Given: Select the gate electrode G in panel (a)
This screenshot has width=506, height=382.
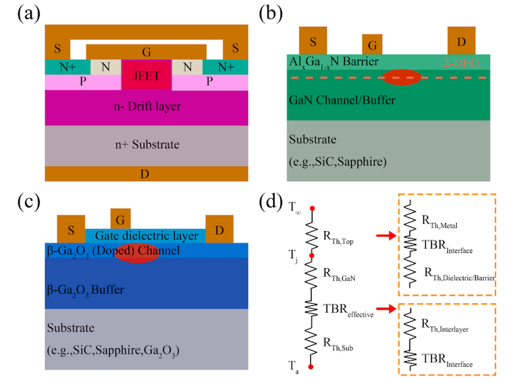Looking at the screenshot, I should click(x=146, y=51).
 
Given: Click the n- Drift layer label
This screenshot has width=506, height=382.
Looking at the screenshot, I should click(x=146, y=106).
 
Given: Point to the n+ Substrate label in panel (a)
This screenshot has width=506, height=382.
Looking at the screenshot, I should click(x=146, y=143).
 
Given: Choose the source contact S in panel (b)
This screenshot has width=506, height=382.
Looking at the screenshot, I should click(x=312, y=41).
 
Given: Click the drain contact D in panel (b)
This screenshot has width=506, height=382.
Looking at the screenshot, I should click(x=462, y=41).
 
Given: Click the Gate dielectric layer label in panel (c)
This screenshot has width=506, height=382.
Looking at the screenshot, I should click(x=146, y=235).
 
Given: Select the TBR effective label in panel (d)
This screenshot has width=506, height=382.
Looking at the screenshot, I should click(x=346, y=309).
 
